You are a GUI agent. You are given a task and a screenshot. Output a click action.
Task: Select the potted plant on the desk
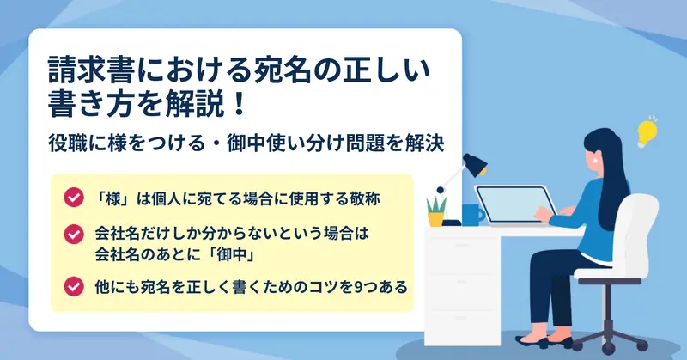click(x=436, y=212)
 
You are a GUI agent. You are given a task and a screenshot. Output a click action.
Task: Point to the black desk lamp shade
click(x=476, y=164)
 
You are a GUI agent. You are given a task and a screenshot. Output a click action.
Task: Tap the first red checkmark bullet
click(x=74, y=198)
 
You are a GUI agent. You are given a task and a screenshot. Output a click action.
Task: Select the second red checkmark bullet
click(x=74, y=235)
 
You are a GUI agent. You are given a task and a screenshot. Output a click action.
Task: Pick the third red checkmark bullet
click(x=74, y=286)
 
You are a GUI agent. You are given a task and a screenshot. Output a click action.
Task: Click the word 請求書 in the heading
click(x=91, y=70)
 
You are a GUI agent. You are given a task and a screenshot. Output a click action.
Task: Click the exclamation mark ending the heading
click(x=240, y=104)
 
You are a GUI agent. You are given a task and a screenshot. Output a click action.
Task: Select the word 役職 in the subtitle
click(x=66, y=143)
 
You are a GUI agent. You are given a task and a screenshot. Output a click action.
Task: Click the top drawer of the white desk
click(x=463, y=253)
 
